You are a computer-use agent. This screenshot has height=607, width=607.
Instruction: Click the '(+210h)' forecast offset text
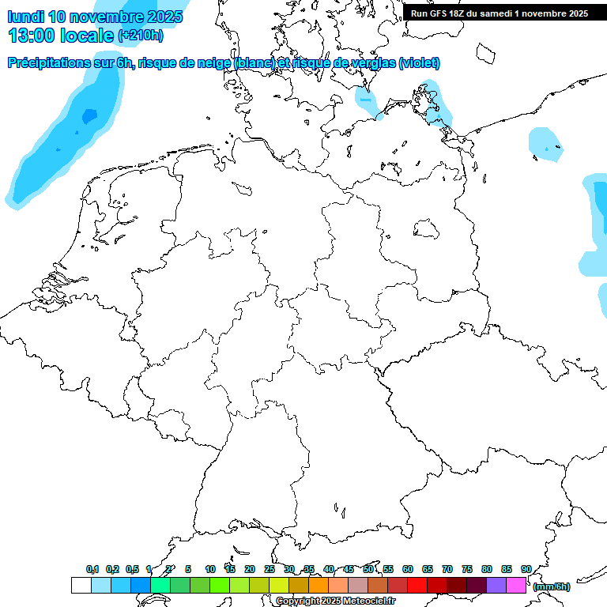pos(140,36)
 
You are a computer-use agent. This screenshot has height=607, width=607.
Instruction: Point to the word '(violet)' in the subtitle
pos(420,63)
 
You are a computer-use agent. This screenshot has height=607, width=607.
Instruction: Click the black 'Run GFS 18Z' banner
pos(499,13)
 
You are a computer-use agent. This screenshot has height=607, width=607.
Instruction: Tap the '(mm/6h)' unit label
pos(551,586)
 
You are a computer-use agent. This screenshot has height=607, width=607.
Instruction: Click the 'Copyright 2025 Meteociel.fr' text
pos(335,601)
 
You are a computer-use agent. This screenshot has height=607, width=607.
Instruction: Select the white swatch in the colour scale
pos(81,586)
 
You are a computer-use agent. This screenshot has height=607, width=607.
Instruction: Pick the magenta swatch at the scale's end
pos(516,586)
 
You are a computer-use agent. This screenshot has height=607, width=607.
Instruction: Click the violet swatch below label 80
pos(496,586)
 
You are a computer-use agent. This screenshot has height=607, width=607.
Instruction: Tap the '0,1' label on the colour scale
pos(92,569)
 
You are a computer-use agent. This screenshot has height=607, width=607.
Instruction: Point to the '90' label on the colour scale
pos(526,569)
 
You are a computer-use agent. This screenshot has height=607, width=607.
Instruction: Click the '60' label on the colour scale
pos(408,569)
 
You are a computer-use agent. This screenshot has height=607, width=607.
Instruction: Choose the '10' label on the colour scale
pos(210,569)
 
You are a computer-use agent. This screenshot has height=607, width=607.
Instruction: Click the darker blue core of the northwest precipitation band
pos(89,116)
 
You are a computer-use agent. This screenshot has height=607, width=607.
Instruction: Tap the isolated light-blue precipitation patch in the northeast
pos(545,144)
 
